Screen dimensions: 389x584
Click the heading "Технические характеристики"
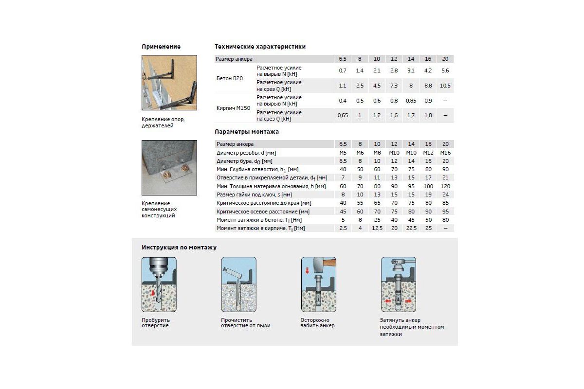tap(260, 47)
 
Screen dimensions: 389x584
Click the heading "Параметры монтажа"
tap(247, 132)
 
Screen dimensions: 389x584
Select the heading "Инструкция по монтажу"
tap(179, 248)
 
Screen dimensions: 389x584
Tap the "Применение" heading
tap(161, 47)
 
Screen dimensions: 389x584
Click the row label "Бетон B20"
tap(230, 78)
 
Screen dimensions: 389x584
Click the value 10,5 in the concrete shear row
tap(445, 86)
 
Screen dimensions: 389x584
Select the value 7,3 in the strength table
tap(394, 86)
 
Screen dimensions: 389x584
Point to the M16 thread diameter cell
tap(445, 153)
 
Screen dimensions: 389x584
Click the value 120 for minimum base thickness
tap(445, 186)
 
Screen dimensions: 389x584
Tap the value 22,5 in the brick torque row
tap(411, 228)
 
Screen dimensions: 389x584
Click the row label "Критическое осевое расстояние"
tap(263, 212)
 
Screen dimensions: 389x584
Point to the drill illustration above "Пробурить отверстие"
tap(159, 284)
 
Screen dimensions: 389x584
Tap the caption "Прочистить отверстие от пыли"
tap(245, 323)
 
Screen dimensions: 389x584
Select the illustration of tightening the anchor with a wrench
tap(398, 284)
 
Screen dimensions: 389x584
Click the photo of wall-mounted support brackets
tap(169, 83)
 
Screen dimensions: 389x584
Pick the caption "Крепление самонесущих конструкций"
tap(158, 209)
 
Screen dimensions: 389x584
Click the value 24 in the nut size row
tap(445, 194)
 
